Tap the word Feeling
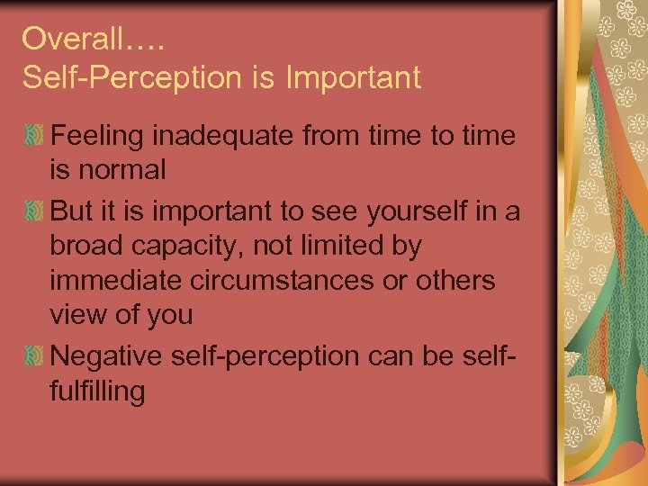click(x=100, y=137)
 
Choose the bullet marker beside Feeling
click(x=34, y=137)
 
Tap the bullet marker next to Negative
click(x=34, y=355)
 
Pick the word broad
click(x=90, y=245)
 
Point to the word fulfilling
click(x=98, y=392)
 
